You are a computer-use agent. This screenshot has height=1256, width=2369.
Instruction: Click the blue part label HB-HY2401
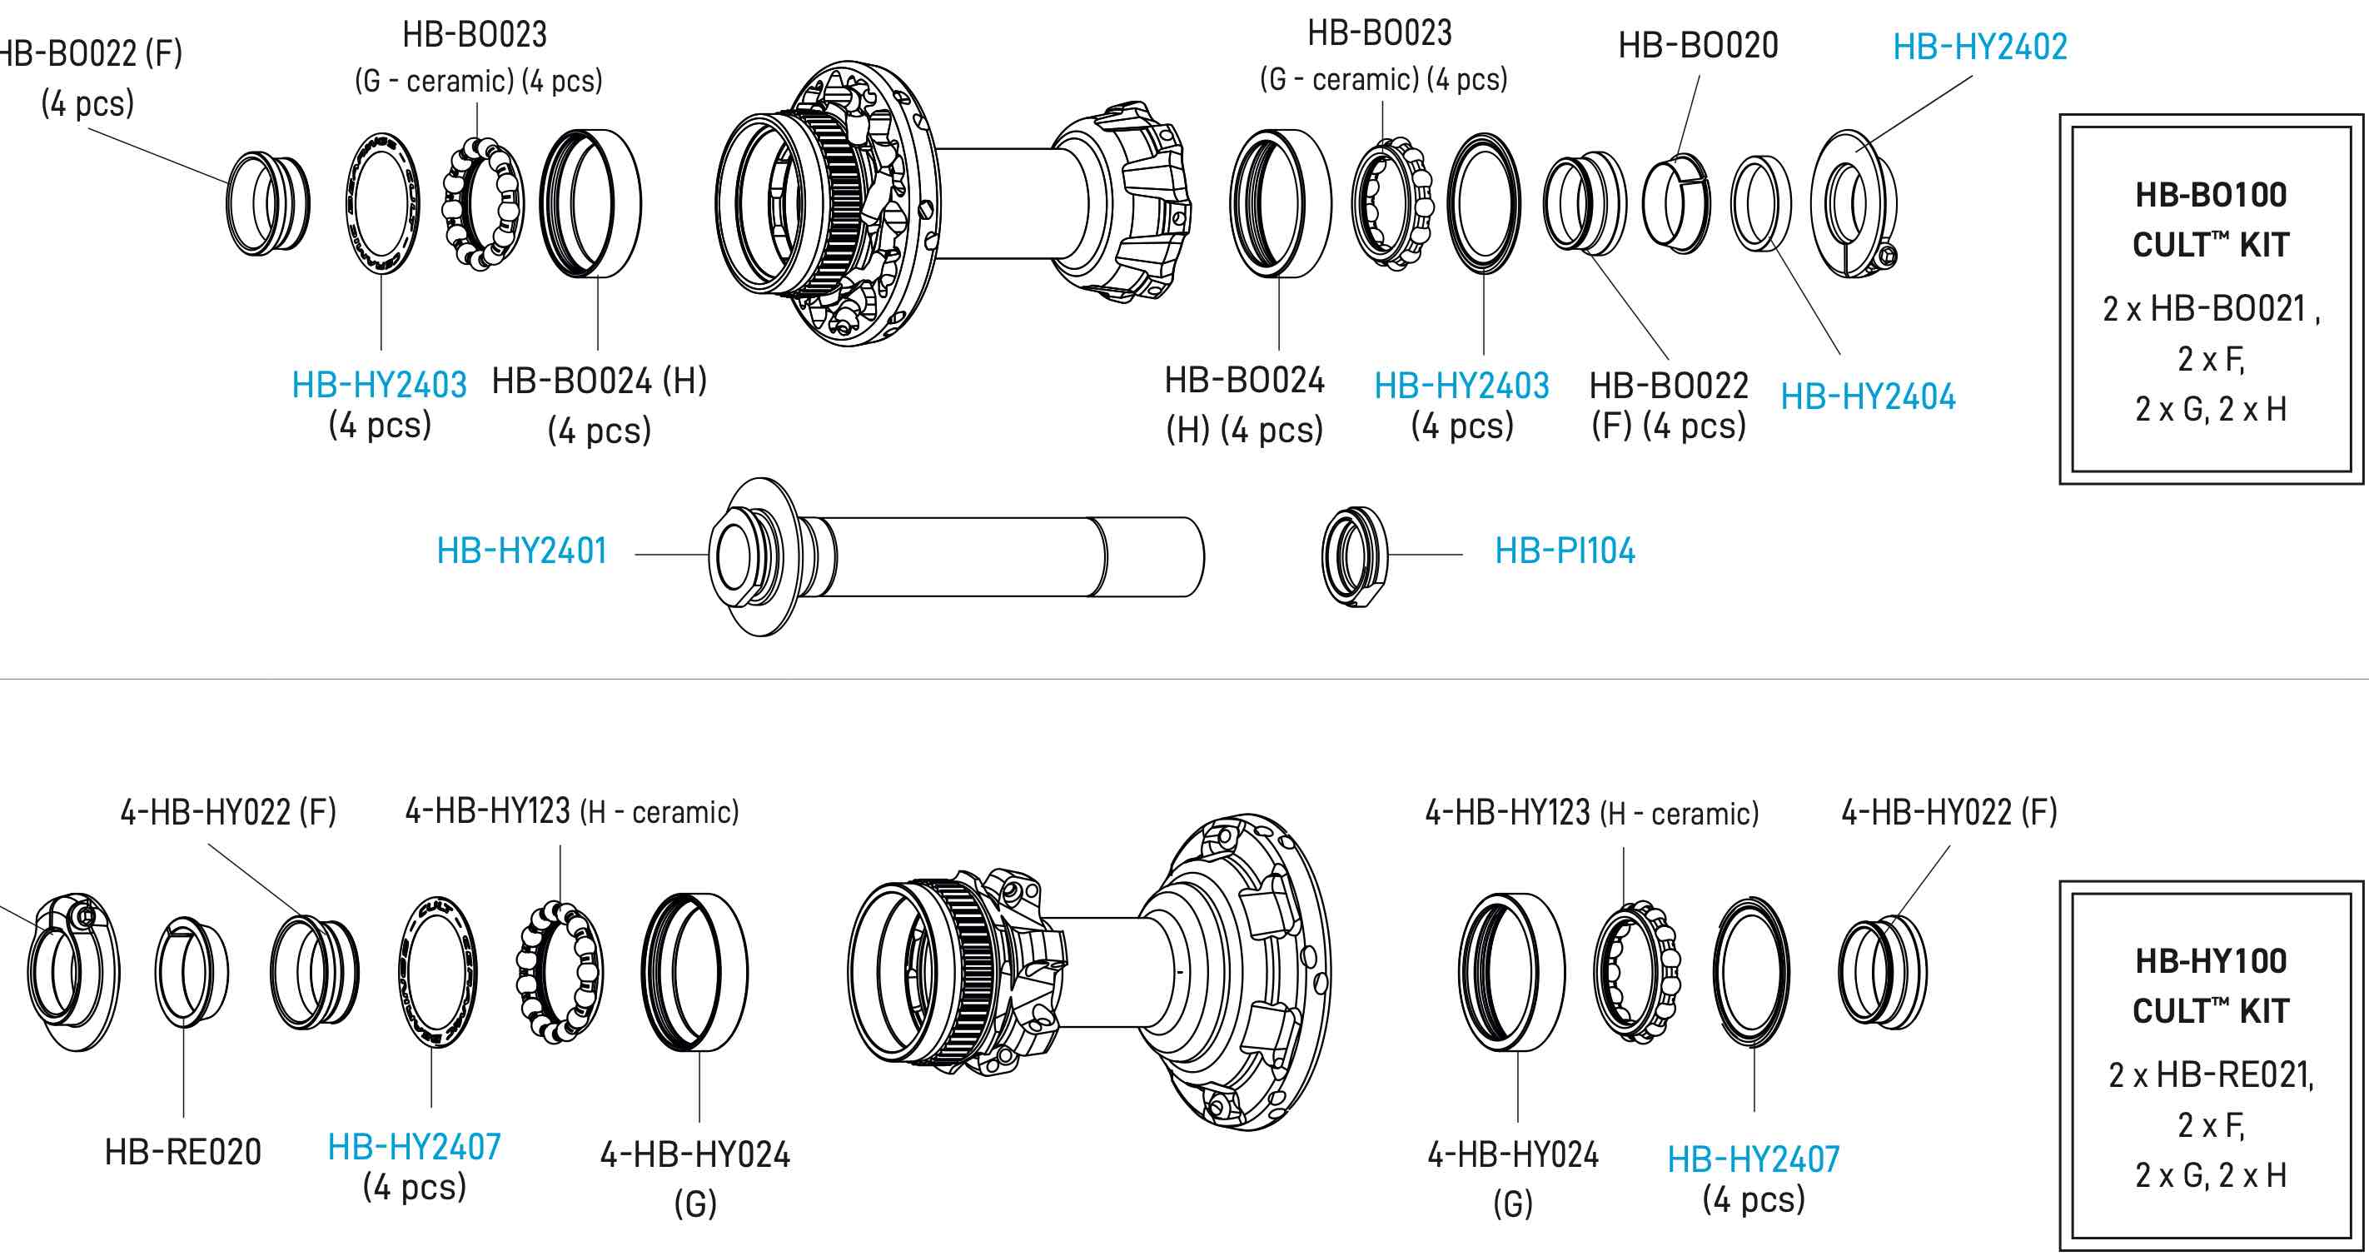pyautogui.click(x=521, y=551)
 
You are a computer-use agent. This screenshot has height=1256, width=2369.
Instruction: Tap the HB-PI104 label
pyautogui.click(x=1565, y=551)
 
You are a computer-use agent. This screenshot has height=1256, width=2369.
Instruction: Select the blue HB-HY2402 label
pyautogui.click(x=1979, y=47)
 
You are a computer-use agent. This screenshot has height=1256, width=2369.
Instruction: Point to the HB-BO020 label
pyautogui.click(x=1698, y=45)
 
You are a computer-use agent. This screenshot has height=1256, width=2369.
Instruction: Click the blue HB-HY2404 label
pyautogui.click(x=1867, y=396)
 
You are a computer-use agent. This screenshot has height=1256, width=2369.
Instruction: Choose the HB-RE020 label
pyautogui.click(x=183, y=1152)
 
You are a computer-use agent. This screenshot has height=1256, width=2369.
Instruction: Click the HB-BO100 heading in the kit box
pyautogui.click(x=2210, y=195)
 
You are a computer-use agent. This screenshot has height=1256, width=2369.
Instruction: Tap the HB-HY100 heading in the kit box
pyautogui.click(x=2210, y=961)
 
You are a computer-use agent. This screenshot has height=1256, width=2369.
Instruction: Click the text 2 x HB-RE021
pyautogui.click(x=2210, y=1074)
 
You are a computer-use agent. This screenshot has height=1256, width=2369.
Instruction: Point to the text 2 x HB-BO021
pyautogui.click(x=2210, y=309)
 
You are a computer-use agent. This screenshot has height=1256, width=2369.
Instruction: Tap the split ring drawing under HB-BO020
pyautogui.click(x=1675, y=204)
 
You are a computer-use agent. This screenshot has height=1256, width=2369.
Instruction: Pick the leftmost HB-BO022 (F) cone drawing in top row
pyautogui.click(x=266, y=203)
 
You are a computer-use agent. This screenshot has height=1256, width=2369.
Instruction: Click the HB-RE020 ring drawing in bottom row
pyautogui.click(x=192, y=972)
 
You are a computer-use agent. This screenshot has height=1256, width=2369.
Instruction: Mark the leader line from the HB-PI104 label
pyautogui.click(x=1426, y=555)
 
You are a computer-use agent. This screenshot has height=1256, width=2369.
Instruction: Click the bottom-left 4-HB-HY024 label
pyautogui.click(x=694, y=1154)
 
